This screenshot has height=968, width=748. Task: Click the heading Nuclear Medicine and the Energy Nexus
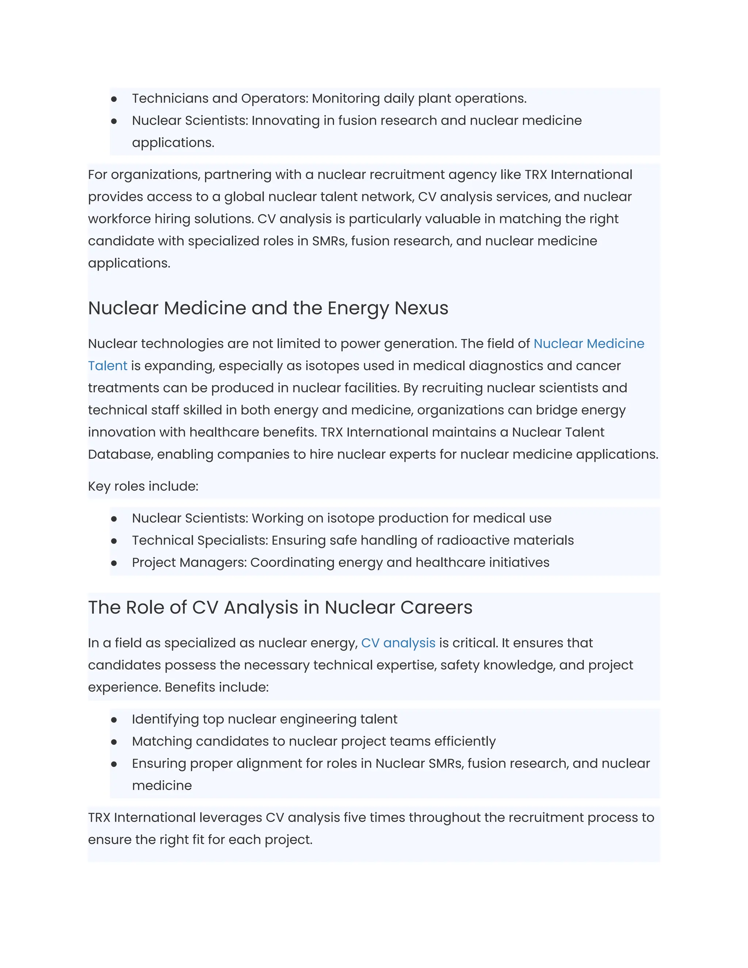click(268, 308)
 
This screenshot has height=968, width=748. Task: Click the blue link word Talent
click(107, 366)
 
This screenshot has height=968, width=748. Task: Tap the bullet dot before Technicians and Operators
click(114, 99)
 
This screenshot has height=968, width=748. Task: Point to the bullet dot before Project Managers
click(114, 563)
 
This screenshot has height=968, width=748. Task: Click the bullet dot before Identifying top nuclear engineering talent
click(114, 720)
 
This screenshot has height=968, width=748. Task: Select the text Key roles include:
click(143, 486)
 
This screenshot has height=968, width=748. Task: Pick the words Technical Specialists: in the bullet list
click(200, 540)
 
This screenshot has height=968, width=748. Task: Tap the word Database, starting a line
click(120, 454)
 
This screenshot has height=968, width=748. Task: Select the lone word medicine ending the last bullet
click(162, 785)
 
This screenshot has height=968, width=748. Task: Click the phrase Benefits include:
click(217, 687)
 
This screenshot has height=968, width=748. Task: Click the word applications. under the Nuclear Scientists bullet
click(173, 143)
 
